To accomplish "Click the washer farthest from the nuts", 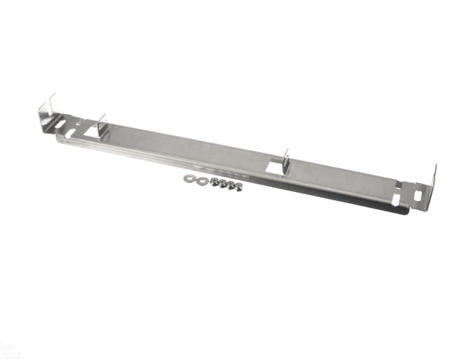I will pyautogui.click(x=187, y=180).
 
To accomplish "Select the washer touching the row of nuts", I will pyautogui.click(x=200, y=180).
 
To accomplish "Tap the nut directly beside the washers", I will pyautogui.click(x=214, y=181).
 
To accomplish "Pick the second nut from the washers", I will pyautogui.click(x=222, y=183).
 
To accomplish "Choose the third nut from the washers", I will pyautogui.click(x=230, y=184).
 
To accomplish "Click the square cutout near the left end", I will pyautogui.click(x=94, y=133).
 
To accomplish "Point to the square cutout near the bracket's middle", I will pyautogui.click(x=275, y=170).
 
